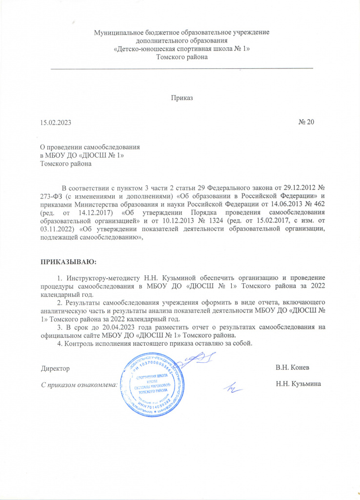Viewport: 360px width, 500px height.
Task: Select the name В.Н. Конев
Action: coord(292,367)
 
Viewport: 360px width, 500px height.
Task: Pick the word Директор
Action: coord(55,367)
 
